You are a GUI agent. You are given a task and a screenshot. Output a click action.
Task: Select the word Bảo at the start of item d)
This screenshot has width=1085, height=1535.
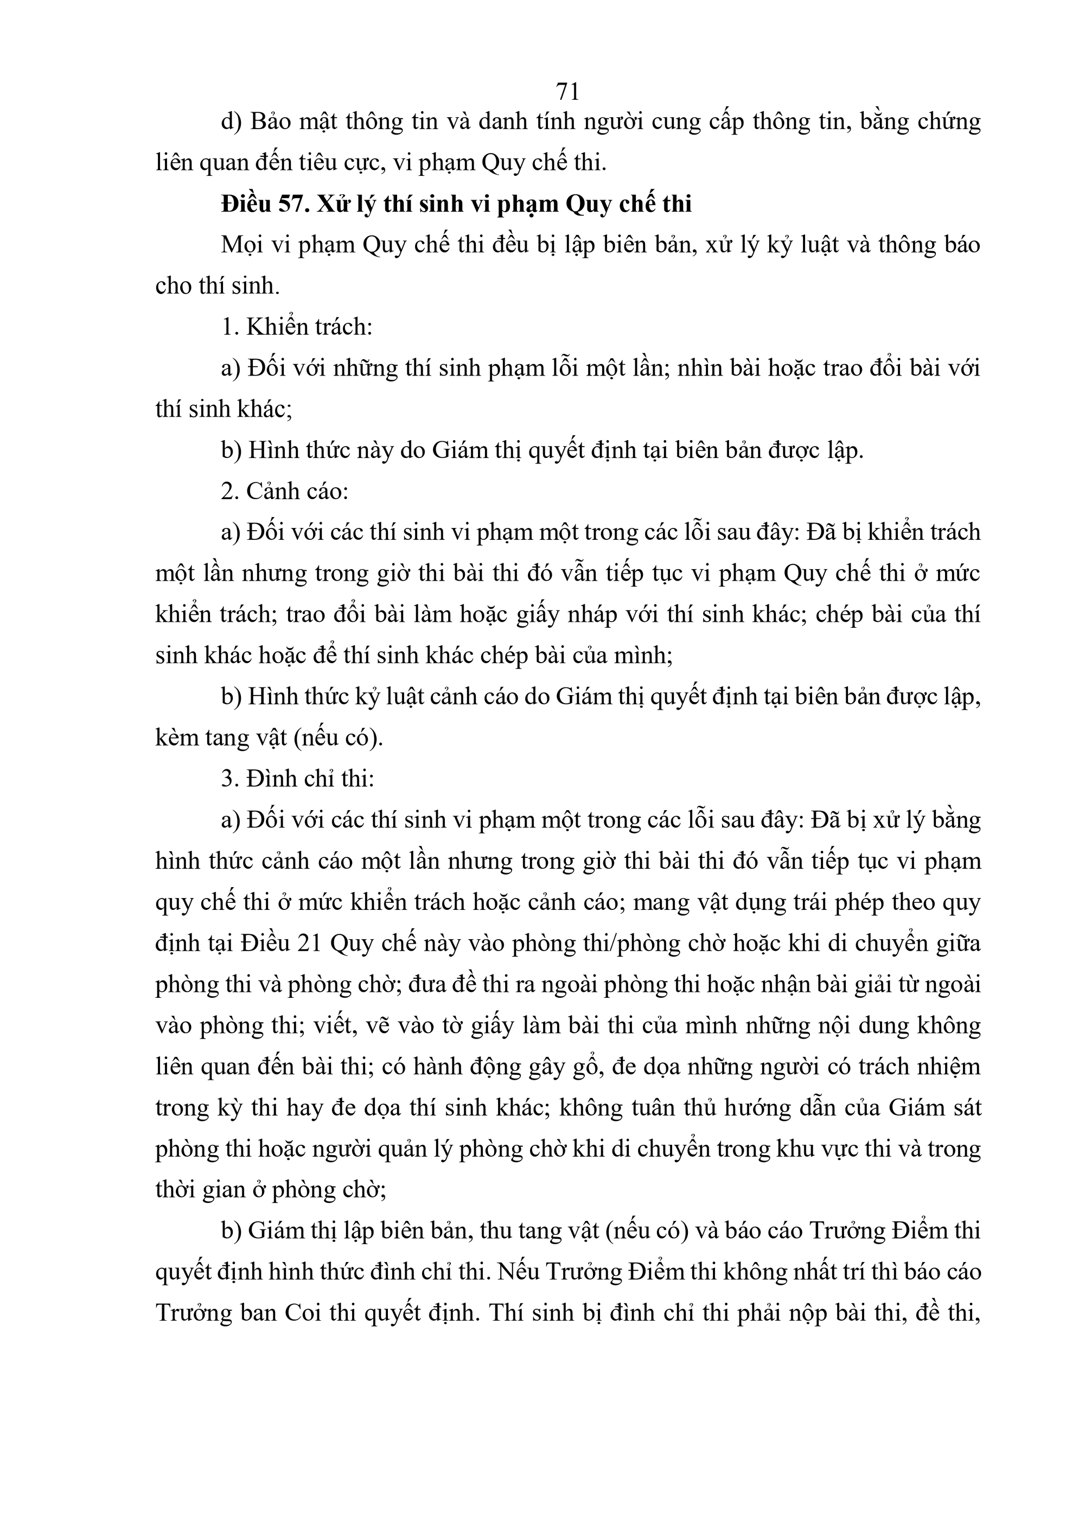click(270, 122)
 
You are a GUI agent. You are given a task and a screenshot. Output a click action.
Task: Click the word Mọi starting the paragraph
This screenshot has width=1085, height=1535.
click(242, 245)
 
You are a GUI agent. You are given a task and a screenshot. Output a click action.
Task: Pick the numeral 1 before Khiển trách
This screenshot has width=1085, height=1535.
click(227, 328)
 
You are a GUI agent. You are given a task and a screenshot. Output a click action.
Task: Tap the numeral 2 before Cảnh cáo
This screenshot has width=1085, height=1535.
click(227, 492)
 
